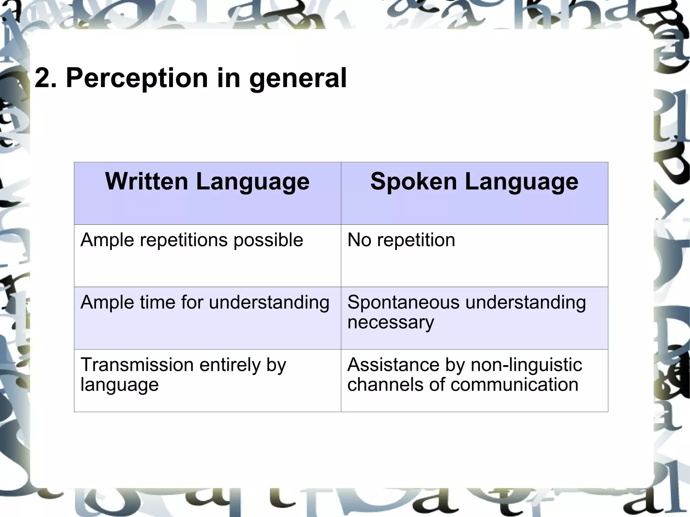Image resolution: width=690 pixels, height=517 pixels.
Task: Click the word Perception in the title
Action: click(137, 78)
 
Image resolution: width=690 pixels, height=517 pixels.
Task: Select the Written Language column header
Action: click(207, 182)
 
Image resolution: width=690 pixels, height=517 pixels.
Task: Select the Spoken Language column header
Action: click(474, 182)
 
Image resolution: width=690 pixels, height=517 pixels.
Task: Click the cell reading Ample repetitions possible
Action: click(192, 240)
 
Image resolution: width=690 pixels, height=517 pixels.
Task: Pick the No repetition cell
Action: click(401, 240)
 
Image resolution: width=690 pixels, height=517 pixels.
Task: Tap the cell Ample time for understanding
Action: click(205, 302)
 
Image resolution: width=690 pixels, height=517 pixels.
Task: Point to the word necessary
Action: click(390, 323)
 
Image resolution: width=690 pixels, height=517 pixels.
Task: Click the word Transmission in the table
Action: click(136, 365)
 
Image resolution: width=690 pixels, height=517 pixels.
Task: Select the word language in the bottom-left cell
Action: click(119, 385)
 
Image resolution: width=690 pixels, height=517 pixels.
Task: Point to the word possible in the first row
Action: click(268, 240)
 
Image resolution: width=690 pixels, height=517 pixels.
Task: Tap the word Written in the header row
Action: click(147, 182)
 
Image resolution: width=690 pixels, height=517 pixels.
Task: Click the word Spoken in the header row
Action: click(413, 182)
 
